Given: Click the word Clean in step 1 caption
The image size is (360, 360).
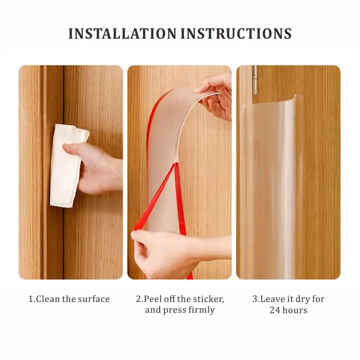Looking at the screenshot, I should [x=48, y=299].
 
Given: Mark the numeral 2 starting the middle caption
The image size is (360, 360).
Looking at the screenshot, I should [x=139, y=299].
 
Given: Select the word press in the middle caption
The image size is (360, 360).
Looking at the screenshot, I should [x=178, y=310].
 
